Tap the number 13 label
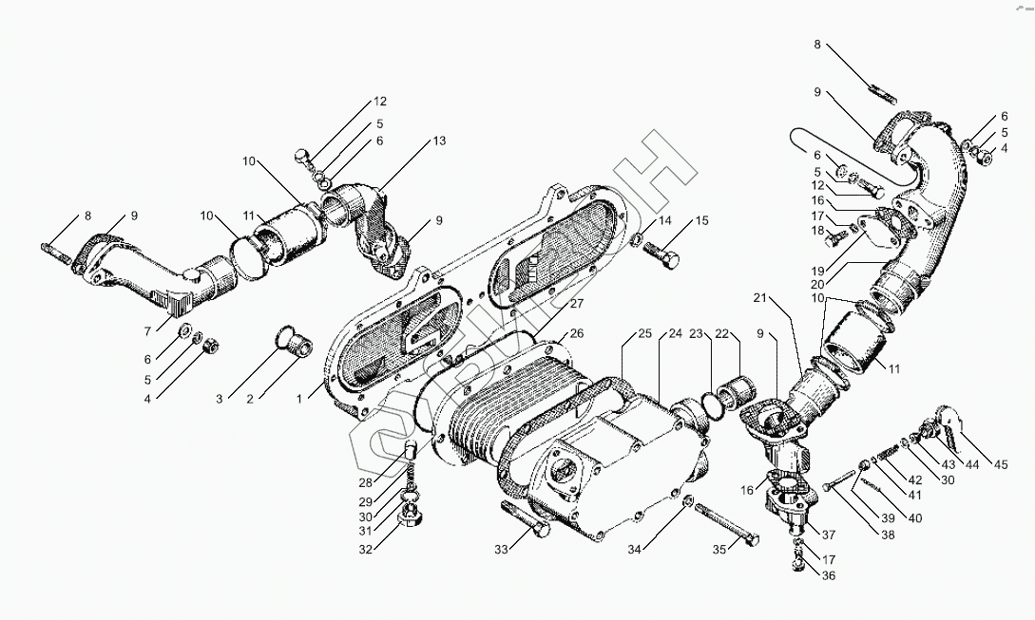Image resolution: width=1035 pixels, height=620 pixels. tap(438, 141)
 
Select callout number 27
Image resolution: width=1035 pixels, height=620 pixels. tap(577, 304)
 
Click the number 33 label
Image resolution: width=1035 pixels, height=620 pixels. tap(501, 549)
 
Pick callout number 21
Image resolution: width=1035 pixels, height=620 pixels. tap(759, 299)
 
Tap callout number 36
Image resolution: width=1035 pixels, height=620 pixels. tap(829, 574)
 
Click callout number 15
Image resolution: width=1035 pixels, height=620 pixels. tap(701, 221)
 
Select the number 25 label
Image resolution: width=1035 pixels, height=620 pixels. tap(644, 333)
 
